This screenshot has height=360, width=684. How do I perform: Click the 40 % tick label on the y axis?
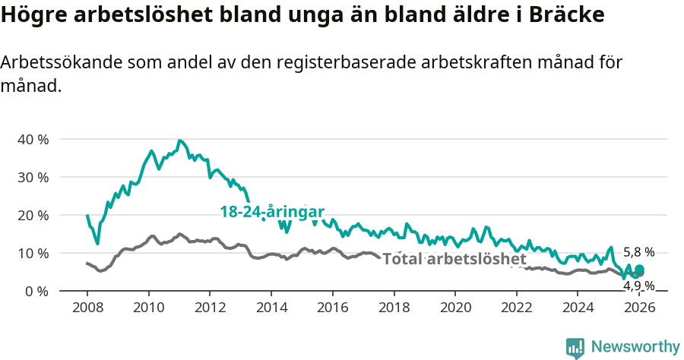pyautogui.click(x=32, y=140)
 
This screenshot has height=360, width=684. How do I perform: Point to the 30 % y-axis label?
pyautogui.click(x=32, y=178)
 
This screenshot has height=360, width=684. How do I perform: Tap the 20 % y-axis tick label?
pyautogui.click(x=32, y=216)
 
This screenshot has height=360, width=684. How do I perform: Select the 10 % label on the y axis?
pyautogui.click(x=32, y=254)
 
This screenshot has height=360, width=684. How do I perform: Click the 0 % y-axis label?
pyautogui.click(x=36, y=292)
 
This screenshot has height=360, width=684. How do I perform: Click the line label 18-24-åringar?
pyautogui.click(x=272, y=212)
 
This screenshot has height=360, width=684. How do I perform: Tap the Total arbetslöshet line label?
pyautogui.click(x=454, y=259)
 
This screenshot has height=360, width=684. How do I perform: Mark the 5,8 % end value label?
pyautogui.click(x=638, y=252)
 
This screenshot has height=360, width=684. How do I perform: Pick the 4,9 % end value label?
pyautogui.click(x=638, y=286)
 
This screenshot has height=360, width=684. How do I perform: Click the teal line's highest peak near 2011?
pyautogui.click(x=179, y=141)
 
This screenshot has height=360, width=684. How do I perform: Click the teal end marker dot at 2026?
pyautogui.click(x=640, y=270)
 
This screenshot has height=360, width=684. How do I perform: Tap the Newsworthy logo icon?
pyautogui.click(x=575, y=348)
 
